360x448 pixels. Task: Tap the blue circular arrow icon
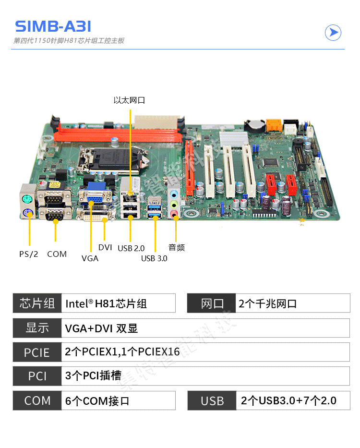pos(333,33)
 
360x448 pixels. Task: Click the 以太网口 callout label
pos(129,100)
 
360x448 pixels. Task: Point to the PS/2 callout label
pos(28,254)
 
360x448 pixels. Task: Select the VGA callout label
pos(90,258)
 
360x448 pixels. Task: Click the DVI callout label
pos(105,247)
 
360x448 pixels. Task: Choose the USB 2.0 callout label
pos(131,248)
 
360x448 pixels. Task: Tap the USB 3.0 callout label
pos(154,258)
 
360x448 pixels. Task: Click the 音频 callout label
pos(177,247)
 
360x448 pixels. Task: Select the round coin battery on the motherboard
pos(255,125)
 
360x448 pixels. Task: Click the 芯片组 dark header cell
pos(37,303)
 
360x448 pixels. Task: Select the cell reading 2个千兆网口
pos(293,303)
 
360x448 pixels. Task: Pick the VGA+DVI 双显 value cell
pos(205,328)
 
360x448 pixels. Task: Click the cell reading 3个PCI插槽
pos(205,375)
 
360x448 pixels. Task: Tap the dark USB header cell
pos(212,400)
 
